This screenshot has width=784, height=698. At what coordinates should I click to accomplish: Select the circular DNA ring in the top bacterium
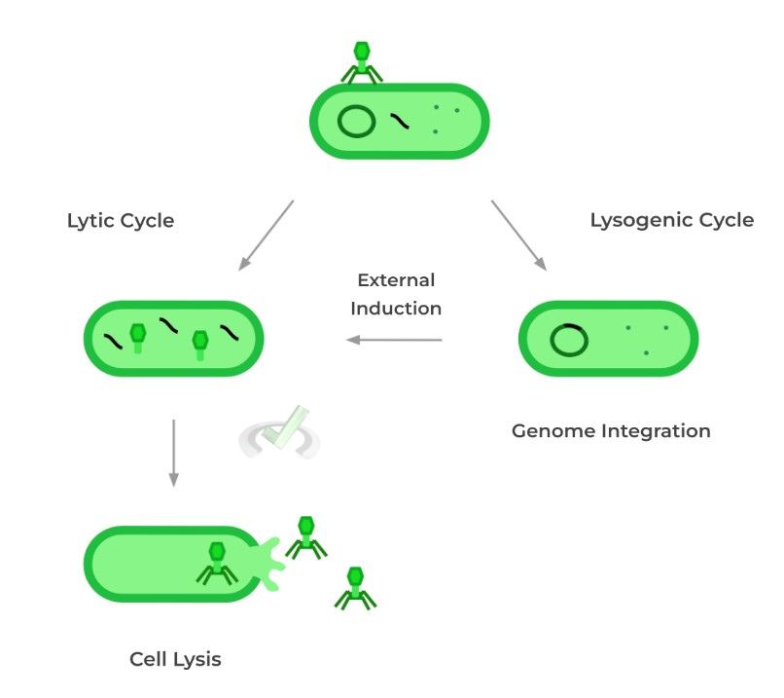(357, 123)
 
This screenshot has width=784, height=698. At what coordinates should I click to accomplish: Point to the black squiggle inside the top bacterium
(400, 122)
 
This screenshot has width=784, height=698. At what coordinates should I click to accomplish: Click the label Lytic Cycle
(121, 221)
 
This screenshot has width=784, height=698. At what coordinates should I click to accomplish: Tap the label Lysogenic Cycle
(671, 220)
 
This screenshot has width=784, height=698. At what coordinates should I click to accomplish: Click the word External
(396, 280)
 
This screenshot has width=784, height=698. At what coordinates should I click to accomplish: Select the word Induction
(396, 309)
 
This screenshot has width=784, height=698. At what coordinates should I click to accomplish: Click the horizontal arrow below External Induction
(395, 340)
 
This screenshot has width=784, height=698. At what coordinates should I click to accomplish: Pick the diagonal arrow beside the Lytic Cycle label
(266, 235)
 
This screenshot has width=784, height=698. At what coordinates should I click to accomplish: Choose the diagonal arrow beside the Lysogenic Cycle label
(518, 235)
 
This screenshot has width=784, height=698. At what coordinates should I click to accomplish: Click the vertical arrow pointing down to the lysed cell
(173, 453)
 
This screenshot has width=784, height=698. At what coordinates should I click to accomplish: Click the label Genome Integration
(611, 430)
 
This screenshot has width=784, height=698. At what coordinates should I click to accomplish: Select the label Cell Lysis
(175, 659)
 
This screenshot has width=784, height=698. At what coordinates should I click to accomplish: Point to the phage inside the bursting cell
(216, 563)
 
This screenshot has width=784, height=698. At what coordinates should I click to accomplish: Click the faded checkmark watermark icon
(280, 434)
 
